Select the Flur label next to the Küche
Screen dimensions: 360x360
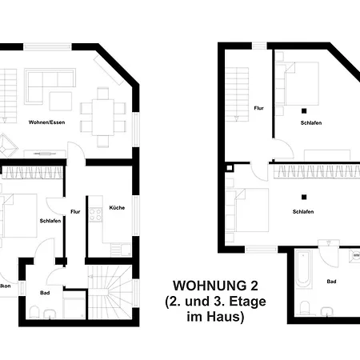76,212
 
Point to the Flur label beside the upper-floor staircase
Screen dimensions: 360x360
259,107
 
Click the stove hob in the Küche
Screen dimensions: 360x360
97,214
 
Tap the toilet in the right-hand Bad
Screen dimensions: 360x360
305,308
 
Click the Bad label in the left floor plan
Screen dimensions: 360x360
46,293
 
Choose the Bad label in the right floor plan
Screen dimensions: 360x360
332,282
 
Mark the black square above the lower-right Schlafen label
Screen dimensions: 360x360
303,197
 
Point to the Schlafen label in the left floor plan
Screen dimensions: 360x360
50,221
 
